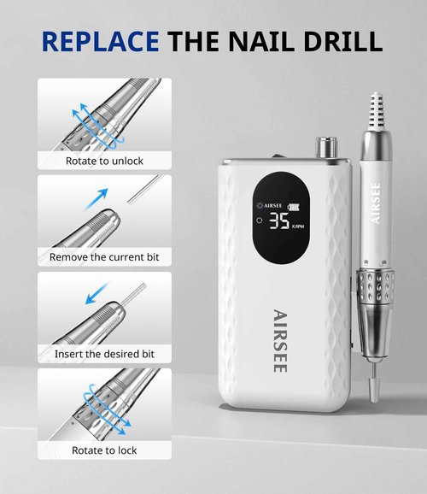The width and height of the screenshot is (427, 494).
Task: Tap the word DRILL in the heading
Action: [340, 39]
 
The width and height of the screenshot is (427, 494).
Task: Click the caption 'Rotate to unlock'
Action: [104, 161]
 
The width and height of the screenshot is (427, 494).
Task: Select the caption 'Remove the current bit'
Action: [104, 256]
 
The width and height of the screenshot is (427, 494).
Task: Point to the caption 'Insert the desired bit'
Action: [104, 354]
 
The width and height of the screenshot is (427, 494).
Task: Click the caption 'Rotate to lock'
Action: [104, 450]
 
